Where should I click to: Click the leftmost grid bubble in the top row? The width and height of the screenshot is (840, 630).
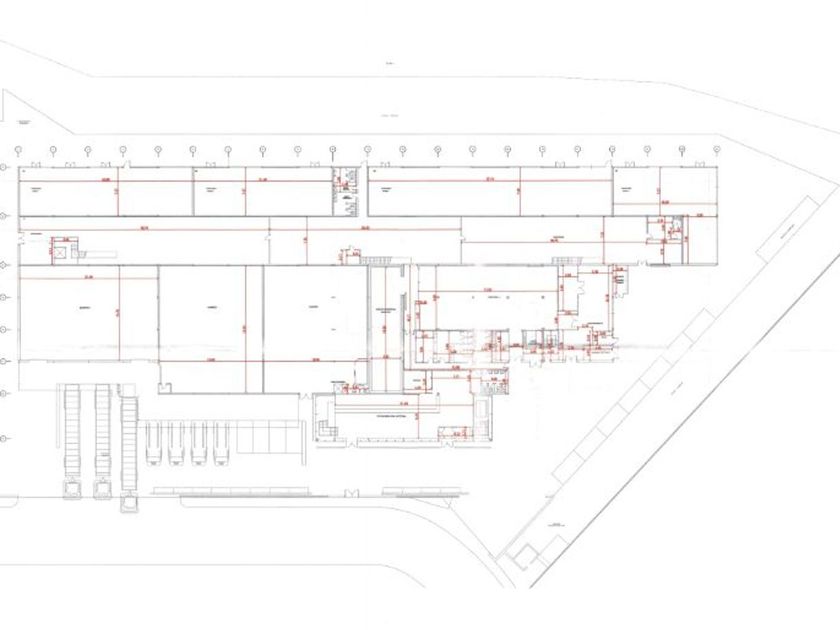[x=19, y=150]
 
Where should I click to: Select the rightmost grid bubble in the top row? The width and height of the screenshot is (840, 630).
[x=716, y=150]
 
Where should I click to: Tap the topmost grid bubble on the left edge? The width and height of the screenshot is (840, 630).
[x=5, y=166]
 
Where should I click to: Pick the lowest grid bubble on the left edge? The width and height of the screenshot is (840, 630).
[x=5, y=439]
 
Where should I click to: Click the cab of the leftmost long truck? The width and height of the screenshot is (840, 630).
[x=72, y=489]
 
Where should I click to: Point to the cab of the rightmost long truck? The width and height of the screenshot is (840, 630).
[x=129, y=499]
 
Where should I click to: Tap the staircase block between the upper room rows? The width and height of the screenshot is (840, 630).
[x=347, y=190]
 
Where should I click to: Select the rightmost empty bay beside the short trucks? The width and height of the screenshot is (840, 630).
[x=289, y=437]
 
